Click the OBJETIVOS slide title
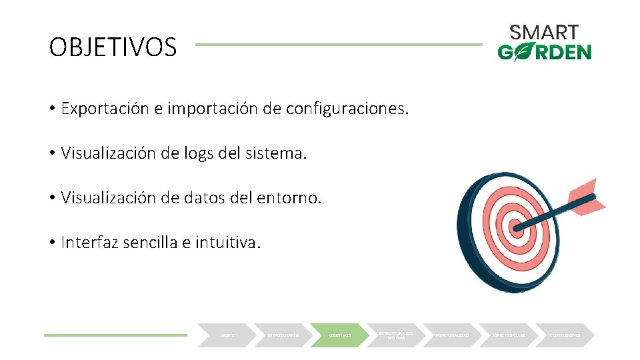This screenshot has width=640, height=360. [x=113, y=47]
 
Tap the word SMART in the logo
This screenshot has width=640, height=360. [x=544, y=32]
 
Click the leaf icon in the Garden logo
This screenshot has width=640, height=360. [x=523, y=52]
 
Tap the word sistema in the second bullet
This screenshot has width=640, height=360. [x=278, y=153]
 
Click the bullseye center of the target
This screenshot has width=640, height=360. [x=517, y=228]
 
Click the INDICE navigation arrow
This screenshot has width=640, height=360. [x=227, y=335]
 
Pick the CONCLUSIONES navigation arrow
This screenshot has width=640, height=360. [x=565, y=335]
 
